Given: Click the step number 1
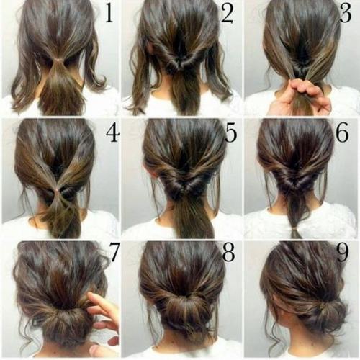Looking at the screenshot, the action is [109, 14].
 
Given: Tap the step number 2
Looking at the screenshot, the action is [227, 14].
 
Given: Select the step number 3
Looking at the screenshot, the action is [346, 14].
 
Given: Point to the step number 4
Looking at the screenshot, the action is [112, 133].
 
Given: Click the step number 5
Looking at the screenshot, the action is [231, 133].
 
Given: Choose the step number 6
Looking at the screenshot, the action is [342, 132].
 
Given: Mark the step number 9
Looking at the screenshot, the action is [342, 253].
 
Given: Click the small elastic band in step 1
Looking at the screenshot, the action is [58, 59].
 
